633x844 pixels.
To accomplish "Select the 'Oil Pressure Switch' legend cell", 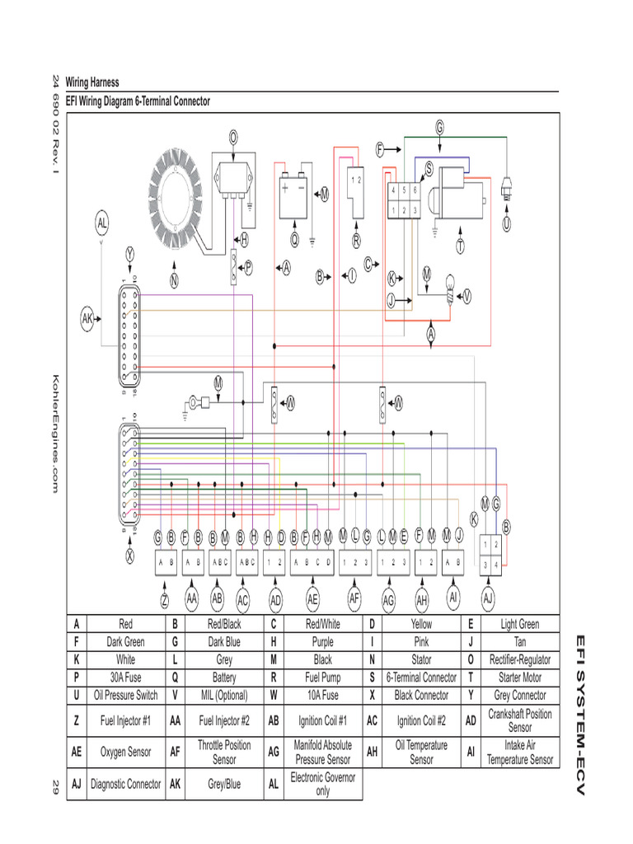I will tap(124, 695).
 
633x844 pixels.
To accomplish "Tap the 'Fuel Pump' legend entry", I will tap(322, 678).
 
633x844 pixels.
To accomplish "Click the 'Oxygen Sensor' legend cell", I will tap(124, 752).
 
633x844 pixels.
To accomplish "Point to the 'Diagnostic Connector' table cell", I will tap(124, 785).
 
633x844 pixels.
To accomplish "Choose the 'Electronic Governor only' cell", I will tap(322, 785).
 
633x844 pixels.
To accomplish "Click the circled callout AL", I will tap(101, 223).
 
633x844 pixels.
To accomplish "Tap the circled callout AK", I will tap(88, 316).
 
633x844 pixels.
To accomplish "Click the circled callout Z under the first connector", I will tap(165, 599).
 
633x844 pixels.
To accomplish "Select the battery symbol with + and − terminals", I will tap(294, 195).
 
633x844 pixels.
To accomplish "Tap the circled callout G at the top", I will tap(439, 127).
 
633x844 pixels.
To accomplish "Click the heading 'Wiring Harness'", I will tap(92, 82).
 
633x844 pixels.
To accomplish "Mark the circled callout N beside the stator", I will tap(174, 280).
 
